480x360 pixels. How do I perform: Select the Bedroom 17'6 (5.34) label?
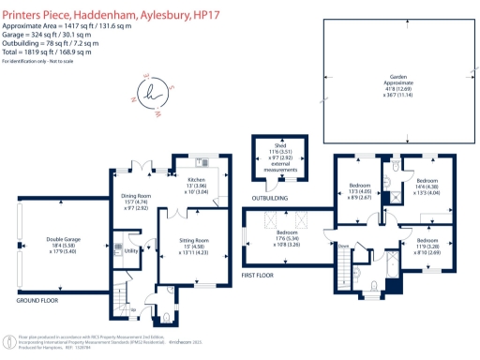coord(288,235)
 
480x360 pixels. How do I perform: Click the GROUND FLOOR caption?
coord(38,301)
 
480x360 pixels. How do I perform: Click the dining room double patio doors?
coord(141,165)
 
